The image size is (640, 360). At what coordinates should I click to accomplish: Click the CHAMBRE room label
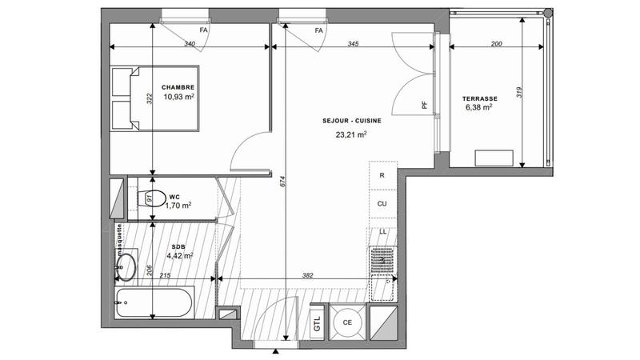click(x=178, y=87)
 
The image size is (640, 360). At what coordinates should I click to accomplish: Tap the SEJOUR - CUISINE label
click(x=346, y=122)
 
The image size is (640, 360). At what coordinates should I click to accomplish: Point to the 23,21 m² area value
click(x=351, y=135)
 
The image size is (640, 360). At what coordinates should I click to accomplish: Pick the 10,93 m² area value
click(x=179, y=97)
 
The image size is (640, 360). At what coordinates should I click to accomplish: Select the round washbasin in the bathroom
click(x=126, y=267)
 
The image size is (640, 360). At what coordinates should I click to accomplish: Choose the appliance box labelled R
click(x=382, y=174)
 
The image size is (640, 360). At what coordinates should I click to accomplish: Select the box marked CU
click(x=382, y=204)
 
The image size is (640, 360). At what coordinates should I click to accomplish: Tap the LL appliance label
click(x=382, y=231)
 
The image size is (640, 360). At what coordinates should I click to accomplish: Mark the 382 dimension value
click(x=308, y=276)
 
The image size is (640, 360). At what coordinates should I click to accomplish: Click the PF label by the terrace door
click(x=425, y=104)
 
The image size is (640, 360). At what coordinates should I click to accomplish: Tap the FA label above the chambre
click(x=204, y=30)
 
